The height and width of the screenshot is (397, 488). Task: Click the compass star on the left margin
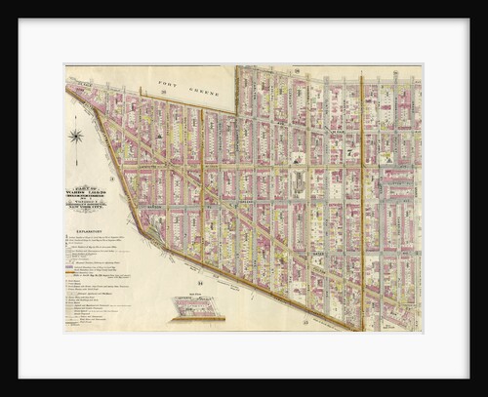click(75, 136)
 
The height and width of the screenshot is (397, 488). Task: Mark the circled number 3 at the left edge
click(112, 179)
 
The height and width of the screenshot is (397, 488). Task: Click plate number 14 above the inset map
click(200, 281)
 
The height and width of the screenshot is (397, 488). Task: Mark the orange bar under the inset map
click(196, 319)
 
